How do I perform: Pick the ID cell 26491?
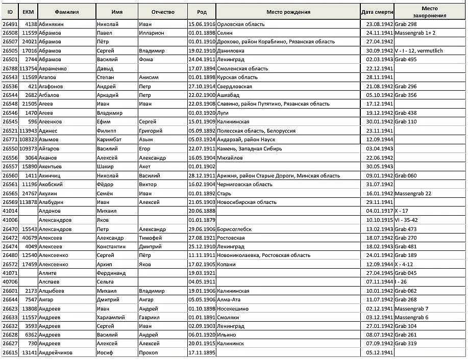click(10, 24)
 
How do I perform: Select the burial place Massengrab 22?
click(413, 193)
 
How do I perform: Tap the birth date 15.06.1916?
click(202, 24)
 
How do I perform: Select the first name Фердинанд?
click(111, 273)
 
